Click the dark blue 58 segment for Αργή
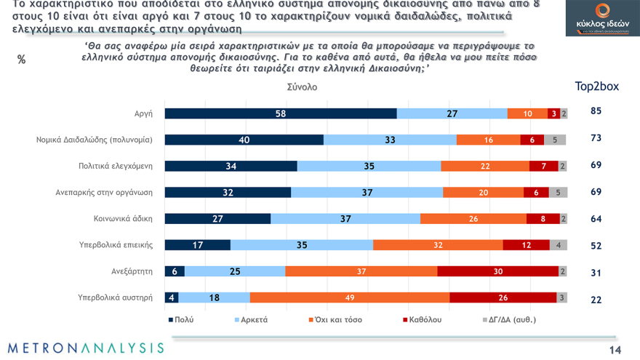click(280, 113)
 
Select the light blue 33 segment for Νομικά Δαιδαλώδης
click(390, 140)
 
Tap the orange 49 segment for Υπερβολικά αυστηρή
click(350, 297)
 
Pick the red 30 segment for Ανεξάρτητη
click(497, 271)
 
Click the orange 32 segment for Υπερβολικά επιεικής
click(438, 244)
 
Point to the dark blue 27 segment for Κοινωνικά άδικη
click(217, 218)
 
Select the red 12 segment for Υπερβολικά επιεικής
click(526, 244)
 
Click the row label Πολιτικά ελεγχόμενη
click(115, 166)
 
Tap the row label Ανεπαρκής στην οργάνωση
click(104, 192)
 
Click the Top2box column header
click(596, 86)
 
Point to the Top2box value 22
click(596, 299)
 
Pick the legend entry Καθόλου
click(421, 319)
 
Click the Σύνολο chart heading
click(302, 87)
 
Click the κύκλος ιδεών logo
click(602, 18)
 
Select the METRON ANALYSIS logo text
click(86, 348)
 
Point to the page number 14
click(615, 350)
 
